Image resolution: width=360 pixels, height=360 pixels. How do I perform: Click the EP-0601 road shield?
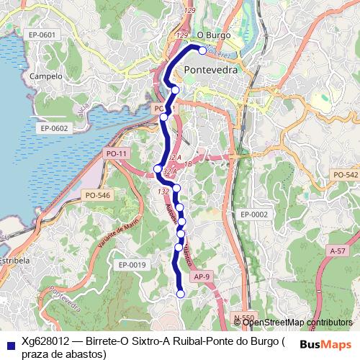[42, 35]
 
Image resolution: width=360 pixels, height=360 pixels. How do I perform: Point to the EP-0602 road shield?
[54, 128]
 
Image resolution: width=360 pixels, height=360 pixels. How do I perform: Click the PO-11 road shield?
[116, 153]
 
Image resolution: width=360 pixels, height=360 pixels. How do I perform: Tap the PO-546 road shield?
[97, 195]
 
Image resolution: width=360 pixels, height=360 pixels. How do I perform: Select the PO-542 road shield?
[346, 175]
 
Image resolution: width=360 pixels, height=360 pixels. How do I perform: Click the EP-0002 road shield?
[254, 215]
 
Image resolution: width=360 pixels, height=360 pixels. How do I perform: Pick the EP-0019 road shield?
[132, 265]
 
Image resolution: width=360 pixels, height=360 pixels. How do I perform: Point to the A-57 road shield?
[336, 251]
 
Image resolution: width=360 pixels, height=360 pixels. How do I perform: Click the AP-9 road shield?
[201, 276]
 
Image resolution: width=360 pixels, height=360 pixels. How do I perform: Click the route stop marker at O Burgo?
[202, 50]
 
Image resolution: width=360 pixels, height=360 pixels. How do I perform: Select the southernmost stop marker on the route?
[181, 293]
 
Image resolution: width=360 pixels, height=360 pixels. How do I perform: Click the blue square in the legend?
[9, 343]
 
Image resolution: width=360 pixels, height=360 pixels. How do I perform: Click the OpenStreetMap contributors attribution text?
[298, 322]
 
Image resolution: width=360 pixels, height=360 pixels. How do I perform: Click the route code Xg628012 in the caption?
[45, 341]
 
